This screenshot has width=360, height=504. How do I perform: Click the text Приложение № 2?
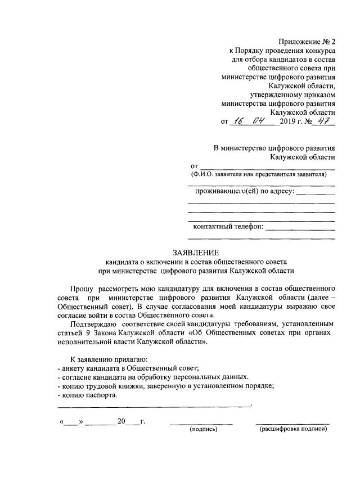pos(307,41)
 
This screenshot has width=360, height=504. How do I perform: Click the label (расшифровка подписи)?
pos(292,429)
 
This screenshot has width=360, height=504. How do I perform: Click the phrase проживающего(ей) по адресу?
pos(244,192)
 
